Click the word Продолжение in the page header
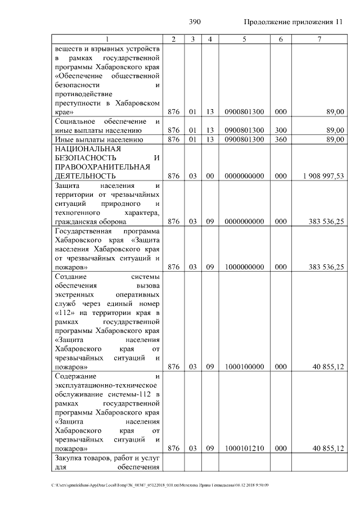[x=265, y=22]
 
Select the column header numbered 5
[x=244, y=39]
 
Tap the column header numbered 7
[x=319, y=39]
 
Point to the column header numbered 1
[x=107, y=39]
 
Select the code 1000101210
[x=244, y=448]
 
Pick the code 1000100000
[x=244, y=367]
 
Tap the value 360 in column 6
[x=281, y=139]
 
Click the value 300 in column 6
[x=281, y=130]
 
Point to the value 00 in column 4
[x=209, y=176]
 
